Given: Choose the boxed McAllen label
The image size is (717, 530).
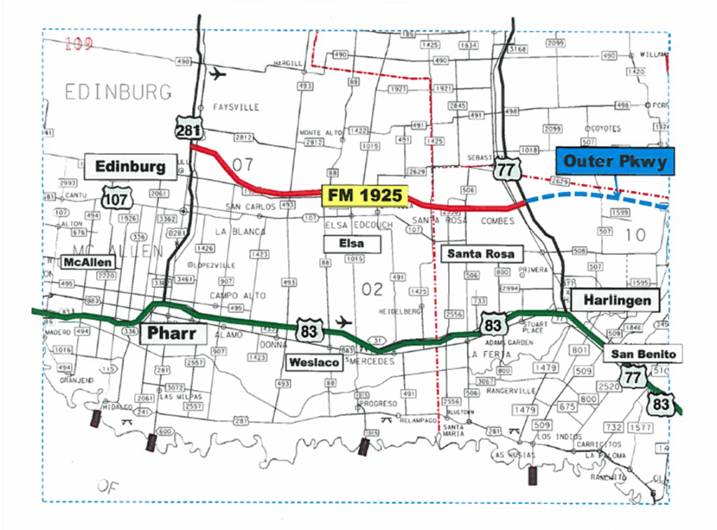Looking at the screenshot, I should point(88,262).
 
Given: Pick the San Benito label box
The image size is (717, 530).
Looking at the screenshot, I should point(643,354).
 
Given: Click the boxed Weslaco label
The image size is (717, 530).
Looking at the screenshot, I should point(314,362).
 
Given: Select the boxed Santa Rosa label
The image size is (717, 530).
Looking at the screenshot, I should point(480,253).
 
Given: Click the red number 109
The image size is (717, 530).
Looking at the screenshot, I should point(78,44).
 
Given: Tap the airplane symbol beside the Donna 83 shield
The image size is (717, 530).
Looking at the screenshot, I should point(344,321).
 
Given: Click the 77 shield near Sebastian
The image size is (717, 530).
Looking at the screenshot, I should point(504,169).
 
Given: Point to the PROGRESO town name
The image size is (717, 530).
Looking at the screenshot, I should point(377,404).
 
